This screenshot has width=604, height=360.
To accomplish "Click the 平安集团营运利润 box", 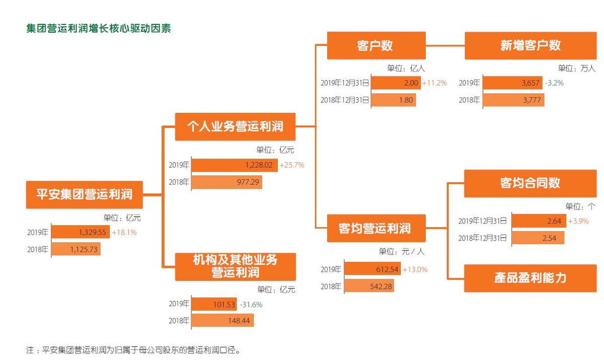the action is tap(85, 194).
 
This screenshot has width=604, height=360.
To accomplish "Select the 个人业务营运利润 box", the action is tap(235, 126).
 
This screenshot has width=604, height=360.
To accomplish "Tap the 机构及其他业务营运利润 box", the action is tap(235, 267).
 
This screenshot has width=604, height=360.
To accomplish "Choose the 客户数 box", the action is tap(376, 45).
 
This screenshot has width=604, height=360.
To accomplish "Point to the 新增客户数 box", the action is tap(531, 45).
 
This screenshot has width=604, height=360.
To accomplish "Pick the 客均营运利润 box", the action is tap(376, 228).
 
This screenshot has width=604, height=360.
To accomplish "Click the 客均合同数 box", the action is tap(530, 183).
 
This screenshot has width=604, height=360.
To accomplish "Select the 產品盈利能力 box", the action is tap(530, 278).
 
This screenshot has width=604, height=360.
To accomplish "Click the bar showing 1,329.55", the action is tap(81, 232).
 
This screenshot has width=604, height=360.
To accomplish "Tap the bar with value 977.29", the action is tap(226, 182).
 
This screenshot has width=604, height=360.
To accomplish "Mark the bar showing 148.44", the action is tap(222, 320).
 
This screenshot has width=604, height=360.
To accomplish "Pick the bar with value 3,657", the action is tap(512, 83).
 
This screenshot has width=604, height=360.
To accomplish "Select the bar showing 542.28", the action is tap(369, 286).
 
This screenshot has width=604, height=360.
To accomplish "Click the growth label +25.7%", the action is tap(292, 165).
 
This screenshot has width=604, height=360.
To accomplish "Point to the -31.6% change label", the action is tap(251, 305).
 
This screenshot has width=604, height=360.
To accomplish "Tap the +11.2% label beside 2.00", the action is tap(434, 83).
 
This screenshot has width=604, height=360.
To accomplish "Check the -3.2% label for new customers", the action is tap(554, 83).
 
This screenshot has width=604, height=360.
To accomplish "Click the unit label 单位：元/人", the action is tap(402, 252).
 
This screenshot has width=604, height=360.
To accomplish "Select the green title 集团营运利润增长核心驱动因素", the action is tap(99, 28).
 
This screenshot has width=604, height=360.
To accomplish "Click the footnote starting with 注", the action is tap(133, 350).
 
